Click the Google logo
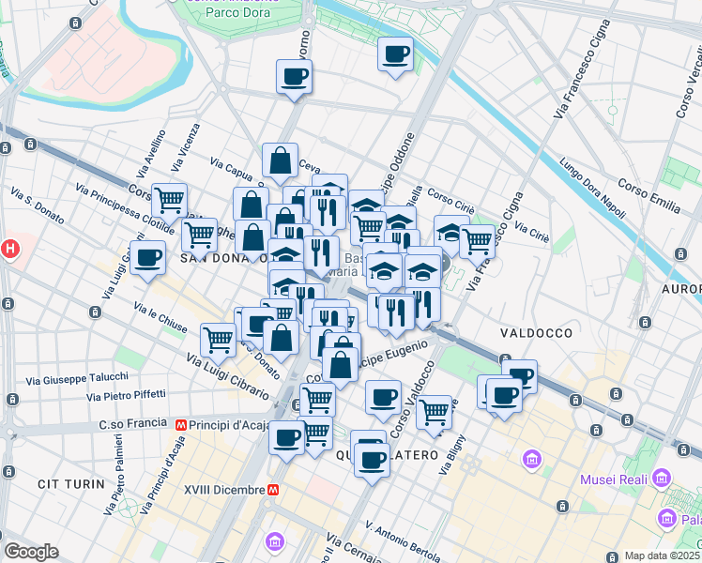tap(31, 552)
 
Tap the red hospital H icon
tap(9, 250)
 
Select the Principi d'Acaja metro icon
tap(179, 424)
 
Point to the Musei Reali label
tap(610, 480)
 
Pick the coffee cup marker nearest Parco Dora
tap(294, 77)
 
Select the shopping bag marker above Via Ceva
tap(281, 160)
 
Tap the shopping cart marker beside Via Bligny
tap(434, 411)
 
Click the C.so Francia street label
tap(125, 424)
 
